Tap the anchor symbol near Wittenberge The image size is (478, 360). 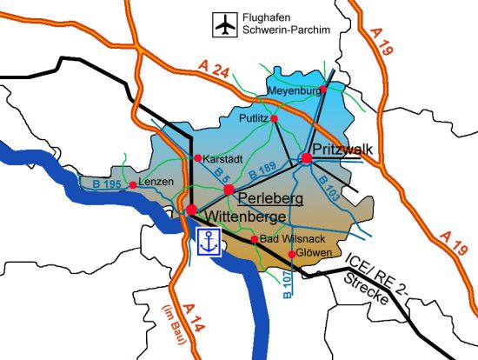[209, 243]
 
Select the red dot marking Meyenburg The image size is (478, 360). [323, 90]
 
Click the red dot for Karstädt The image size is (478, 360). [198, 158]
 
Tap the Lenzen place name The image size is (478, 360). [157, 182]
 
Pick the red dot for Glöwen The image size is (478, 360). [292, 254]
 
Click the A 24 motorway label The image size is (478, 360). [214, 70]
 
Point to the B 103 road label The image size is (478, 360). [329, 185]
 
